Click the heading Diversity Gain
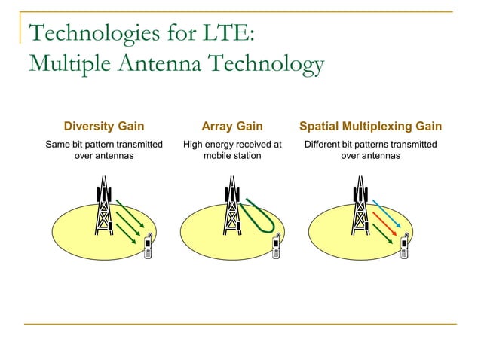coord(104,126)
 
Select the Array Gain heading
coord(231,126)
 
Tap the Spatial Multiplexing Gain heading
coord(370,126)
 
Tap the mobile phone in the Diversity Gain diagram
coord(148,246)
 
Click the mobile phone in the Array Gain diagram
coord(277,246)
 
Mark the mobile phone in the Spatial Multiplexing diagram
coord(405,246)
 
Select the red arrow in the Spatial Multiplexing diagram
coord(384,224)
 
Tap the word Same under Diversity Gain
coord(60,144)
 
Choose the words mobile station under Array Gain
coord(231,156)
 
